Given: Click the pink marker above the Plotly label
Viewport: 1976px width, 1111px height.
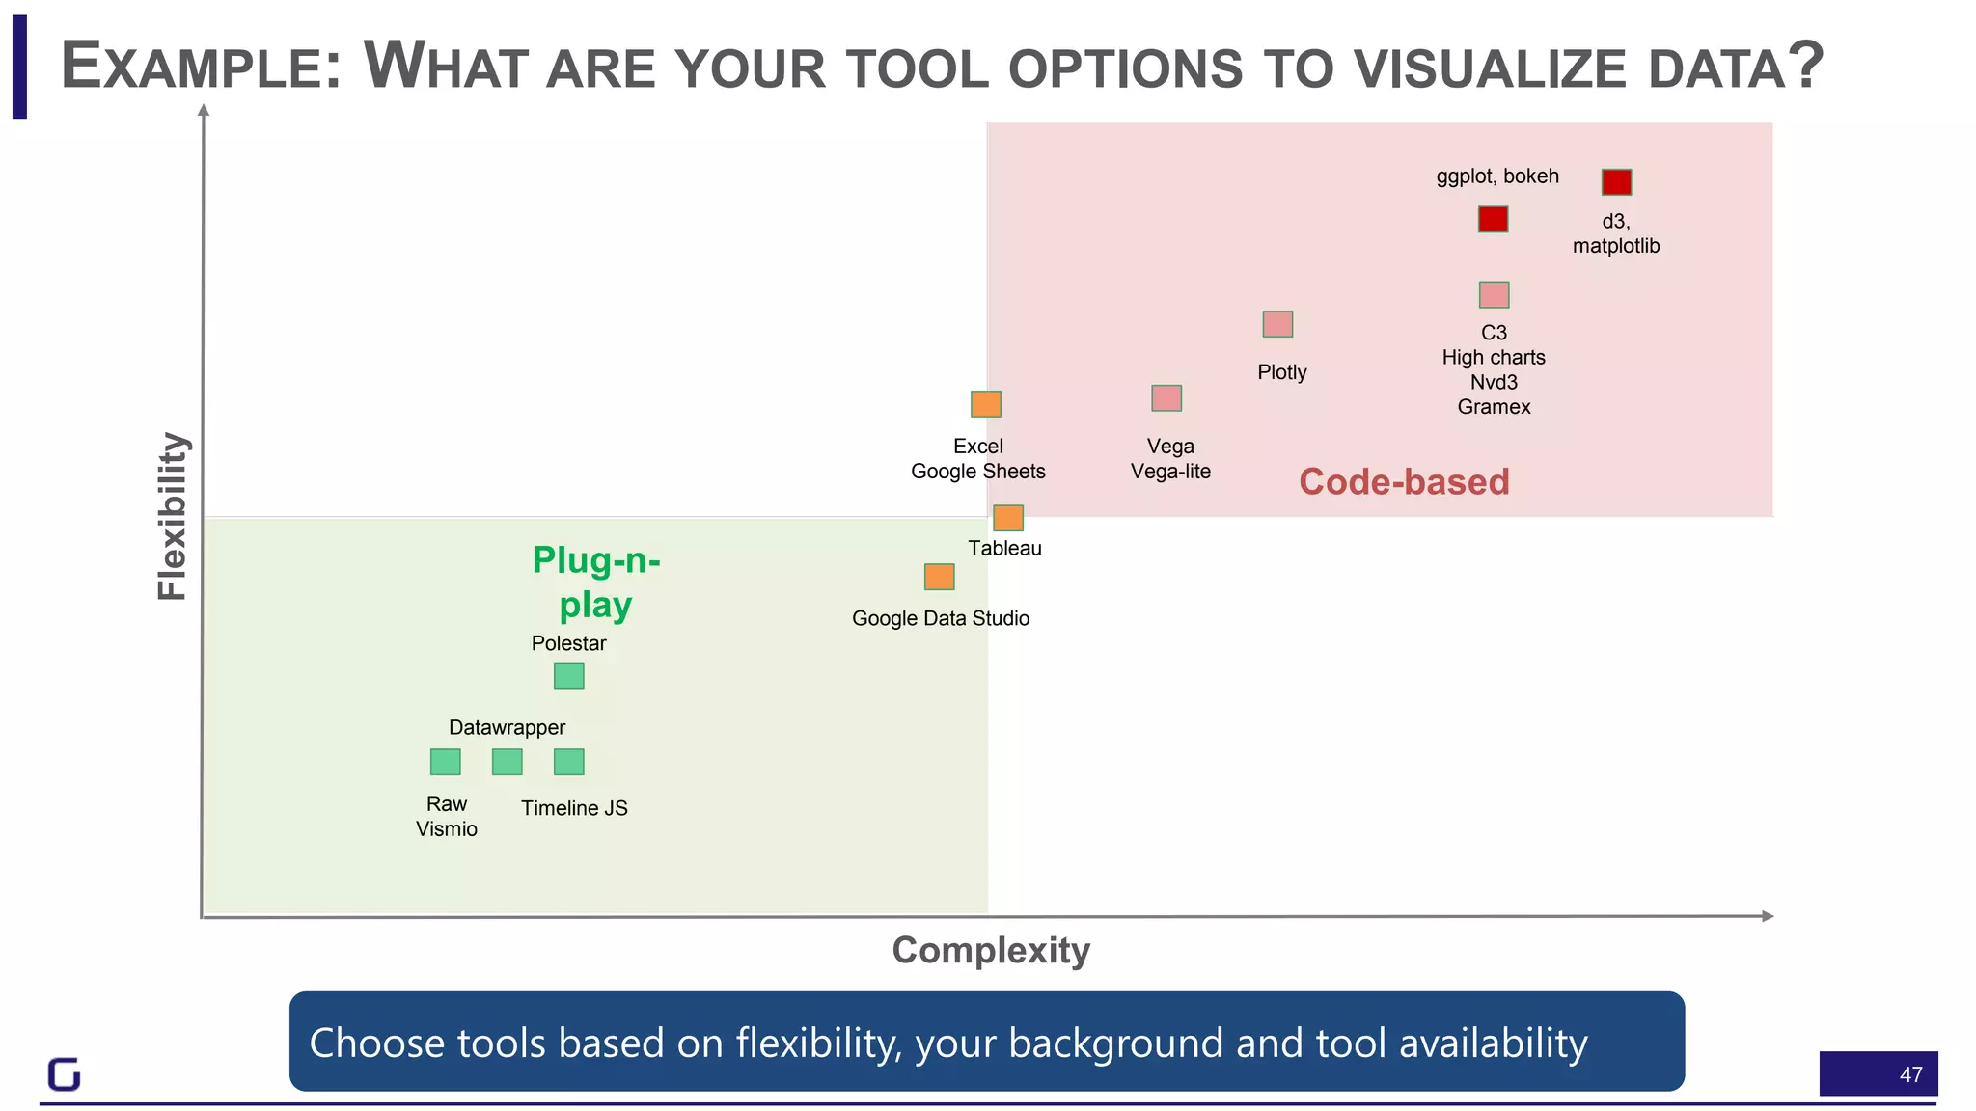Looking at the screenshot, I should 1277,324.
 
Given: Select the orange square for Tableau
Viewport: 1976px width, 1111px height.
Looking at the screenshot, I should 1008,518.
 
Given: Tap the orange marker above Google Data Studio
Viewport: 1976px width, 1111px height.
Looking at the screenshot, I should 939,577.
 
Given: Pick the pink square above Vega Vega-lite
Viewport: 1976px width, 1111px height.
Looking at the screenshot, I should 1166,397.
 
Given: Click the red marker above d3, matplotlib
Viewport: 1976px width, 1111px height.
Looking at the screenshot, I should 1616,182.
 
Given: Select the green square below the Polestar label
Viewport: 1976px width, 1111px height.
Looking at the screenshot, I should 569,675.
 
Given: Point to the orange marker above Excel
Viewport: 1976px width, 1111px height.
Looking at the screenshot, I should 986,403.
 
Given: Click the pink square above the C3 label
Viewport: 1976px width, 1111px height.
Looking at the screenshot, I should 1494,294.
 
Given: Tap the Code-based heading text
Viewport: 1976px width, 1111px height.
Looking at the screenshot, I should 1404,481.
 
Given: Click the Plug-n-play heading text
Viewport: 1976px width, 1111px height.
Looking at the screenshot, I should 595,582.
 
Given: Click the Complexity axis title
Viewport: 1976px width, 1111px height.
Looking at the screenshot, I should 991,950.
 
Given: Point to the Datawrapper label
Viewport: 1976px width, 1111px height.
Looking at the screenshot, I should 507,727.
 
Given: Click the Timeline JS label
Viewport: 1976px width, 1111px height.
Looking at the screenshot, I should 574,808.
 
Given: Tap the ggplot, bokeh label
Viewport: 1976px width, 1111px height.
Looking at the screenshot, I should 1497,176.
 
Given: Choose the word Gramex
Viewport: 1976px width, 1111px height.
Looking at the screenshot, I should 1494,406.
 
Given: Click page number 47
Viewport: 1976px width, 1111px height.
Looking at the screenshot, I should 1910,1074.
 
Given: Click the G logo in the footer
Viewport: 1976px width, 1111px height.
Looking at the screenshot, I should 64,1073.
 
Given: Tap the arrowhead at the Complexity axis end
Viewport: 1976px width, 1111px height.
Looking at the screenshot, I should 1767,915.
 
